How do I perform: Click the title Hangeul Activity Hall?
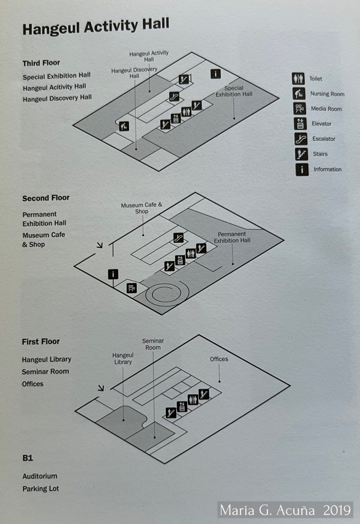[x=96, y=26]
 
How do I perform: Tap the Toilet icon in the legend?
[x=298, y=78]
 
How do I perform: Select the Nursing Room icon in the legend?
[x=299, y=94]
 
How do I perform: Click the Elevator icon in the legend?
[x=300, y=123]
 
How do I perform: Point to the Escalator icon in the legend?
[x=301, y=138]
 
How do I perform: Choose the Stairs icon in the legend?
[x=301, y=154]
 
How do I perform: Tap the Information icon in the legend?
[x=302, y=169]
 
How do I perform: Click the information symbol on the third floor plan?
[x=216, y=74]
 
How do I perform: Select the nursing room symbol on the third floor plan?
[x=123, y=126]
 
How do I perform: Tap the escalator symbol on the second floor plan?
[x=179, y=237]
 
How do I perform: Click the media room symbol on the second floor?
[x=132, y=287]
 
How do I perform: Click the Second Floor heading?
[x=46, y=198]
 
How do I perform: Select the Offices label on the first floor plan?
[x=219, y=359]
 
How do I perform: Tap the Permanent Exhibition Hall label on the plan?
[x=232, y=237]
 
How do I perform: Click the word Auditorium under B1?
[x=40, y=476]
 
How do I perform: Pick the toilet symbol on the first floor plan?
[x=193, y=400]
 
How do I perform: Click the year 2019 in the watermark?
[x=336, y=510]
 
